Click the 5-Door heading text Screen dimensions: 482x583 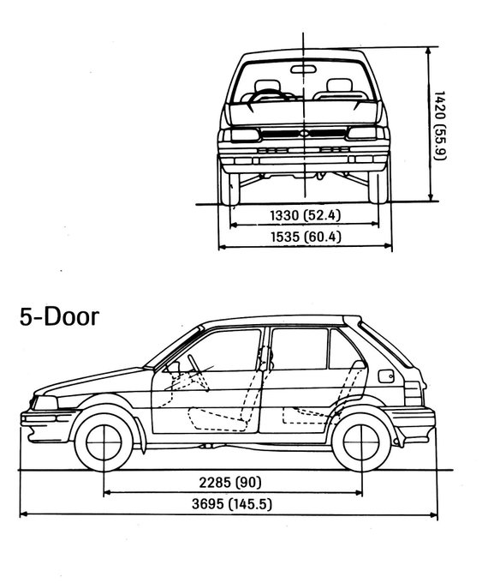point(59,317)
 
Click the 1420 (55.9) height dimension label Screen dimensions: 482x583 point(440,125)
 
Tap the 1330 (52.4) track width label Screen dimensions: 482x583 point(305,215)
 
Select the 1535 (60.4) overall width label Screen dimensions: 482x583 point(306,237)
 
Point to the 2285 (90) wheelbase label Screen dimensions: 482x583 point(230,483)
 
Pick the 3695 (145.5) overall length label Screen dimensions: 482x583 point(232,504)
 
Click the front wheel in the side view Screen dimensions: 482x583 point(104,442)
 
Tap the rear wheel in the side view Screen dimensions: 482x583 point(361,442)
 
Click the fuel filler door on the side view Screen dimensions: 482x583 point(386,376)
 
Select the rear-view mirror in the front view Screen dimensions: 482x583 point(303,69)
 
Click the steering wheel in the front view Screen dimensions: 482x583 point(268,96)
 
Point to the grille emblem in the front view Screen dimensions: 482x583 point(305,133)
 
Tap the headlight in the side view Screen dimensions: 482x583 point(45,403)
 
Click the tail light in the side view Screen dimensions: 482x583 point(414,394)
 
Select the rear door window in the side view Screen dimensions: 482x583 point(299,349)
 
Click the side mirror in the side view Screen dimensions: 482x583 point(174,367)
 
